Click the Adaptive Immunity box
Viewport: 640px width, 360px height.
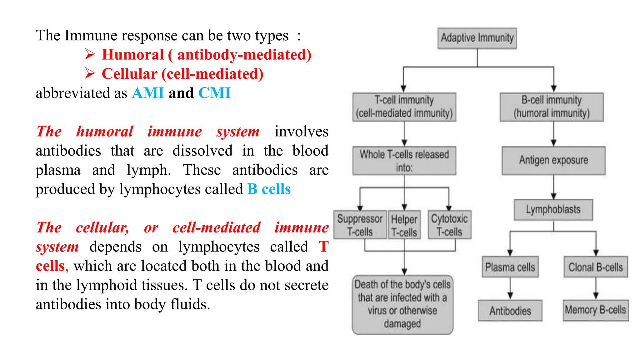point(477,38)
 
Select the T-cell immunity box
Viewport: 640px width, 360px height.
point(404,107)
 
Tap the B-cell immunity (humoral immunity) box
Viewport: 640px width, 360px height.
point(552,107)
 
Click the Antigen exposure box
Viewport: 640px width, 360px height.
point(553,160)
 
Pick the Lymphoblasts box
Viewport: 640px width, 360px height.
point(553,210)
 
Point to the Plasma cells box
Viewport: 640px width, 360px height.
point(510,267)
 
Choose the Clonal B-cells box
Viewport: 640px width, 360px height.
point(596,267)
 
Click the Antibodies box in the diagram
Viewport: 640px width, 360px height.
point(510,311)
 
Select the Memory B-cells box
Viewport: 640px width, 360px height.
point(596,310)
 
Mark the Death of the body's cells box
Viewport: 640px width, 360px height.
point(402,304)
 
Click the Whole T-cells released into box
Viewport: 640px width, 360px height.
point(404,161)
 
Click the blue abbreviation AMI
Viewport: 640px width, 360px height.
point(148,93)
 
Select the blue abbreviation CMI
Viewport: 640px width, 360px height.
point(214,93)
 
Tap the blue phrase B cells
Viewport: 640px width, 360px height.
point(269,189)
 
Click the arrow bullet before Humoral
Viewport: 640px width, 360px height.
point(90,54)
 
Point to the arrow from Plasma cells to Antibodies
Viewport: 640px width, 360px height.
point(510,288)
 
